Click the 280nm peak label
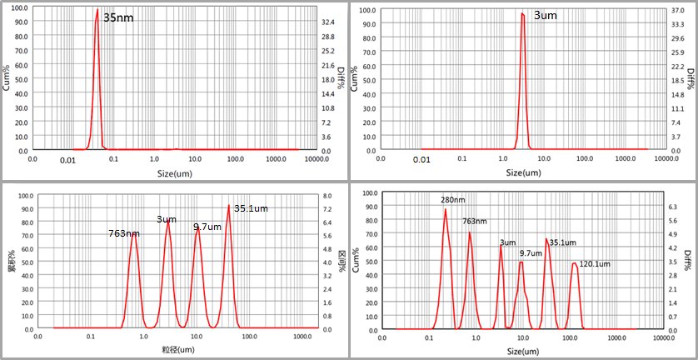click(x=453, y=200)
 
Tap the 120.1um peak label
click(x=593, y=264)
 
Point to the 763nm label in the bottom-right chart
click(x=474, y=222)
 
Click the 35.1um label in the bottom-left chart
click(x=251, y=208)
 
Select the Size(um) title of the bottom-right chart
click(x=524, y=352)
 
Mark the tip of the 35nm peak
click(x=97, y=10)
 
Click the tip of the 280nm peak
click(x=446, y=208)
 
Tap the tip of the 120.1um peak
click(x=574, y=263)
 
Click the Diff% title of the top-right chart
click(x=690, y=80)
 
